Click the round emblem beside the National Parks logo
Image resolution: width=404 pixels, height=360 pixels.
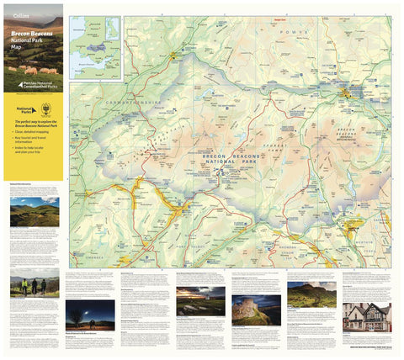45,109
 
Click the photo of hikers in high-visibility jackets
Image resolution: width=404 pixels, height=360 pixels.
35,287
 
